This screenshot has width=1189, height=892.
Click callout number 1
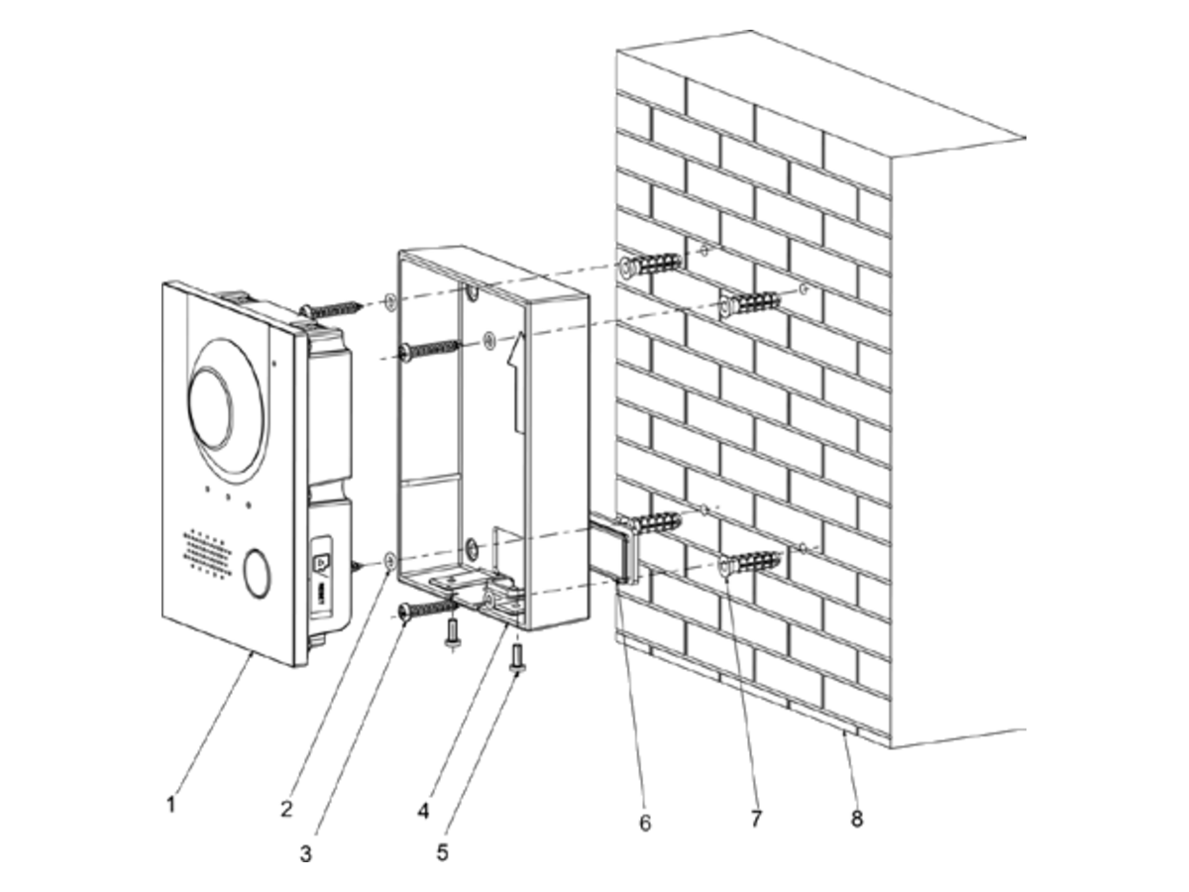point(171,804)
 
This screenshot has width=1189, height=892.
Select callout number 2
point(286,809)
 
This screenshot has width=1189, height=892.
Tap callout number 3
point(306,854)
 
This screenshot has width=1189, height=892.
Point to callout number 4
point(424,812)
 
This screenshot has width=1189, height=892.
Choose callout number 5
point(443,853)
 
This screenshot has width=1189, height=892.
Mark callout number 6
point(645,824)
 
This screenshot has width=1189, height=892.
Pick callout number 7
point(756,819)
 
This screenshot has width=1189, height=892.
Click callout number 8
point(856,819)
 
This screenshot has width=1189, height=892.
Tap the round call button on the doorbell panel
point(256,574)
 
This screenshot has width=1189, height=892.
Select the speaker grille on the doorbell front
point(207,552)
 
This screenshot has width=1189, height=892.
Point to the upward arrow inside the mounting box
point(515,383)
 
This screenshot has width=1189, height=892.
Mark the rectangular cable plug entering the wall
point(613,547)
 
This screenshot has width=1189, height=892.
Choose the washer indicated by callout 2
point(390,562)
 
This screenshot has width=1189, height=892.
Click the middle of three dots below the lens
point(228,498)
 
